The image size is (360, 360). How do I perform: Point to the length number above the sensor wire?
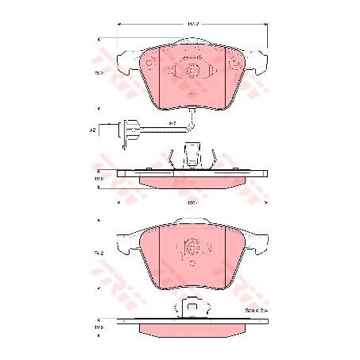click(x=172, y=122)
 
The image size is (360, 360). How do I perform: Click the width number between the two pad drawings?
click(x=191, y=204)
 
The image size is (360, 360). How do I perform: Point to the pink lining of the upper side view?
click(x=191, y=180)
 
